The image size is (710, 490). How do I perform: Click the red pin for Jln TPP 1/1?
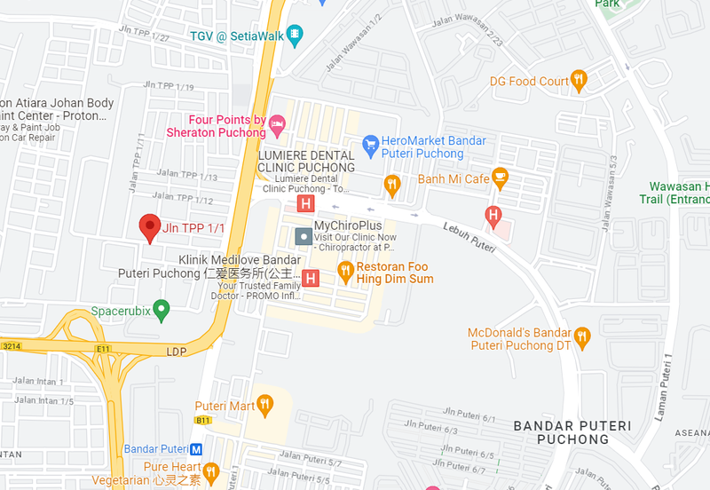click(150, 226)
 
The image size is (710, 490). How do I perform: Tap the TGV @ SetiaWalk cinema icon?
click(295, 36)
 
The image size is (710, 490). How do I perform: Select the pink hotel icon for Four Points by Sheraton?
click(278, 125)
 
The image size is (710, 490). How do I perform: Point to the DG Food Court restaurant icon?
click(579, 81)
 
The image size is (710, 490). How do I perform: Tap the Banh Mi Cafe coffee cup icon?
click(500, 178)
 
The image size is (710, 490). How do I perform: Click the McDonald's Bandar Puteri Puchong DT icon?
click(582, 336)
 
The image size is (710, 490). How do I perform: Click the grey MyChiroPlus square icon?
click(303, 235)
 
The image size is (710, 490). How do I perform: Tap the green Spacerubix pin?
click(161, 310)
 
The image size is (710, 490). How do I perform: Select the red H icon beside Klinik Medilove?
click(311, 278)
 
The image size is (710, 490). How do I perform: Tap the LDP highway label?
click(177, 352)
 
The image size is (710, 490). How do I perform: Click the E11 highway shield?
click(103, 349)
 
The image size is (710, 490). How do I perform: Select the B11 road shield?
click(203, 420)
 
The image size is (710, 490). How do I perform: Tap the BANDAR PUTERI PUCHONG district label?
click(572, 432)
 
